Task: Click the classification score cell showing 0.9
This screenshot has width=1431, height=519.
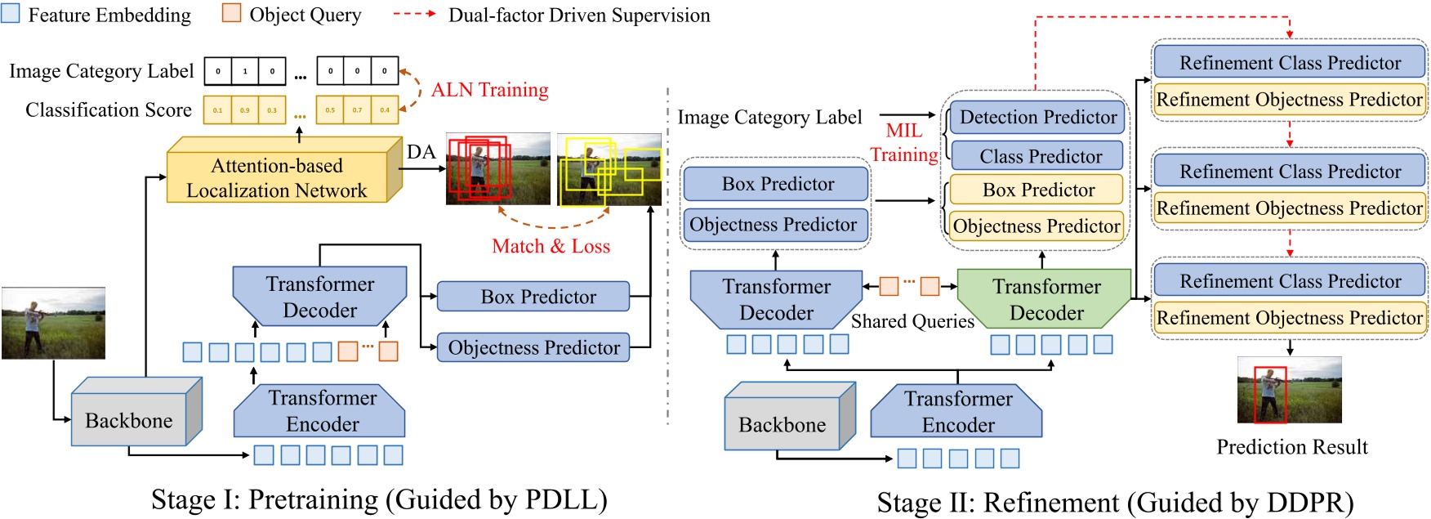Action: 244,110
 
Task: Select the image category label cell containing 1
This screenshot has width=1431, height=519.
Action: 244,71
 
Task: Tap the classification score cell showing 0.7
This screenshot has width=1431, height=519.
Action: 357,110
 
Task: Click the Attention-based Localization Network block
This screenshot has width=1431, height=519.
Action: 277,177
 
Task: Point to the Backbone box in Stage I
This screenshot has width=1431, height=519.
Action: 129,419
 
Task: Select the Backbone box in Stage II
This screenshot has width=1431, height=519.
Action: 782,424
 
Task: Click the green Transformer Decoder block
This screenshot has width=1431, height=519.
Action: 1045,299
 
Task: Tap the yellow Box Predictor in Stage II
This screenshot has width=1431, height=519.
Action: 1038,190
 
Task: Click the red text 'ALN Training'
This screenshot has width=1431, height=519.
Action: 489,90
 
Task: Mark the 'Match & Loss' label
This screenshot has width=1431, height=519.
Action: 551,246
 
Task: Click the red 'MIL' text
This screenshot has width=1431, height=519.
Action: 903,131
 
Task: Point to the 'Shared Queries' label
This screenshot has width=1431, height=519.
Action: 912,321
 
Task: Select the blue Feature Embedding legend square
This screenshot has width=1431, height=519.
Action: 11,14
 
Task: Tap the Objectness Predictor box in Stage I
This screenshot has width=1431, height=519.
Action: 533,347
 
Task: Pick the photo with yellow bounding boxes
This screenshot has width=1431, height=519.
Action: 609,169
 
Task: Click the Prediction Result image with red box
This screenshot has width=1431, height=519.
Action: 1289,390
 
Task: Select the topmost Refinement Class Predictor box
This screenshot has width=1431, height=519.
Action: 1290,63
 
